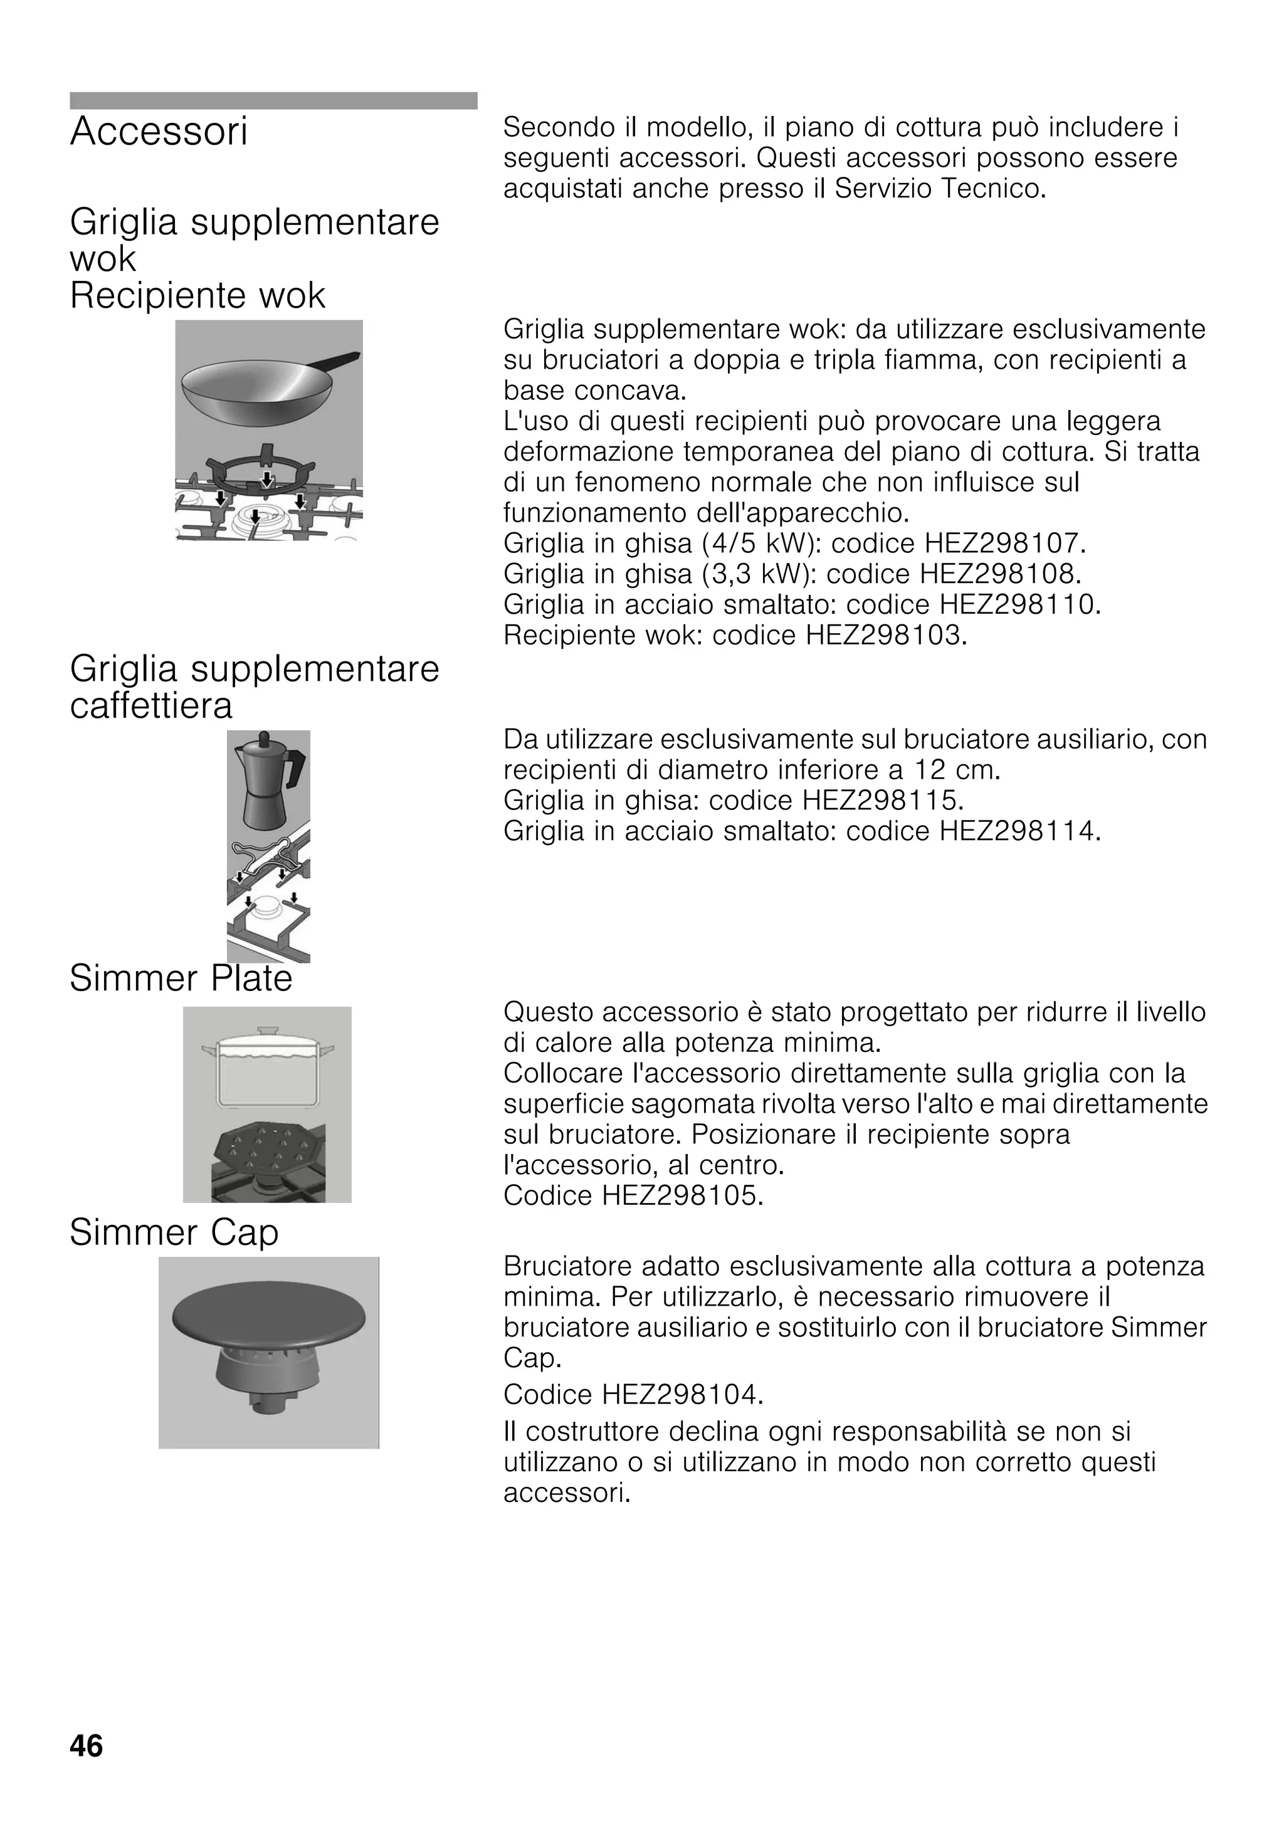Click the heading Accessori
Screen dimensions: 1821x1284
click(x=159, y=132)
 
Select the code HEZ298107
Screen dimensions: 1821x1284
click(x=1002, y=544)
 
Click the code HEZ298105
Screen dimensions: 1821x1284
click(x=681, y=1195)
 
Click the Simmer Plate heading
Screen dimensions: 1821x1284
click(x=181, y=979)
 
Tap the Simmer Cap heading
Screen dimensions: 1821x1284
click(x=174, y=1232)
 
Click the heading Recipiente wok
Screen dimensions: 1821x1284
click(x=197, y=296)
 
